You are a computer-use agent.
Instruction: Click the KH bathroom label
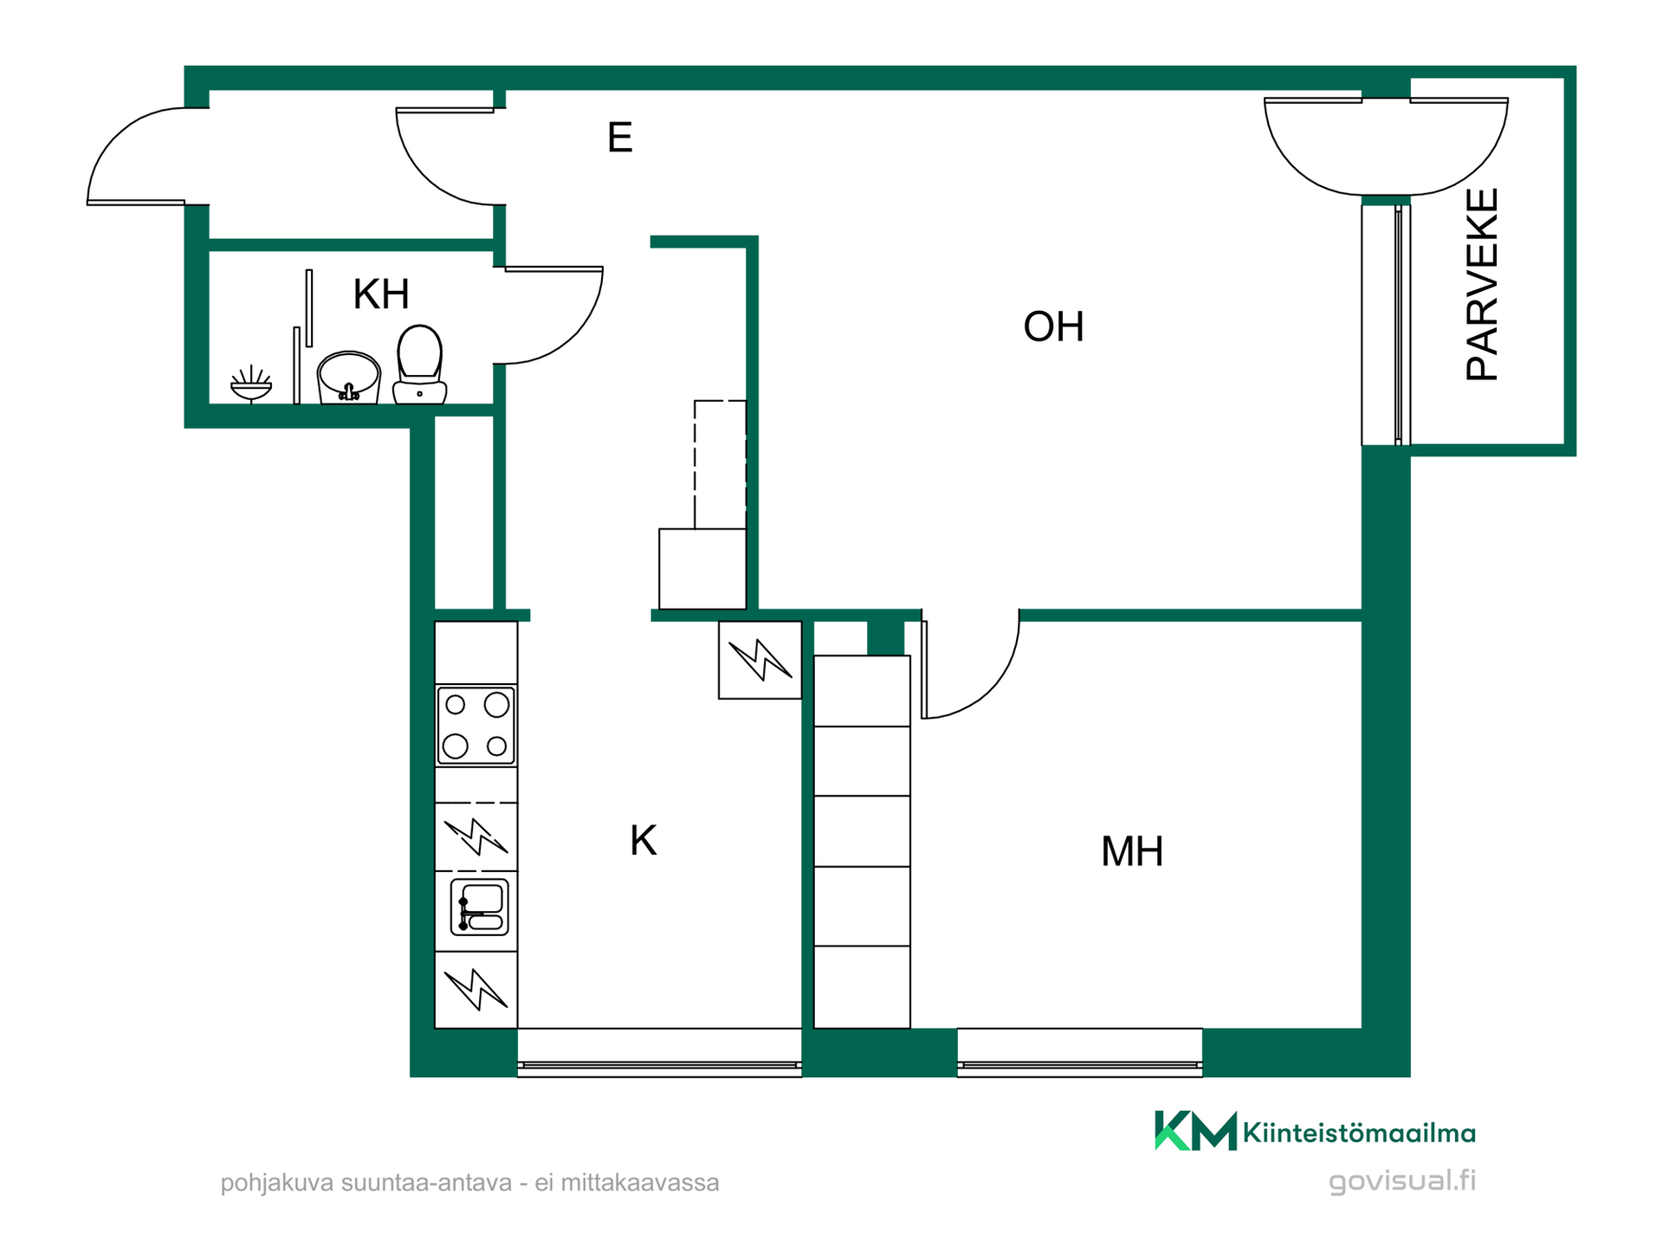381,294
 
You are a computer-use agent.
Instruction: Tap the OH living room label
1053,326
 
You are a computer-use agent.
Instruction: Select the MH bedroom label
1132,851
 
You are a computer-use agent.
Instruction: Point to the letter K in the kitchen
644,841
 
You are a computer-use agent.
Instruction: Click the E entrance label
619,137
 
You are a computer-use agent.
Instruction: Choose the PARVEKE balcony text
1482,285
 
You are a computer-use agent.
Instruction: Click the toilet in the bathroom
420,365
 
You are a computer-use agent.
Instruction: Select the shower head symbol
251,384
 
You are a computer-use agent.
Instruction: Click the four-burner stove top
476,726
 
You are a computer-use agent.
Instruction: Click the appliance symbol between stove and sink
476,837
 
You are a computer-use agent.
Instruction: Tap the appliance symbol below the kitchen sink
476,990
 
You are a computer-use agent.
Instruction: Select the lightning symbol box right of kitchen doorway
760,660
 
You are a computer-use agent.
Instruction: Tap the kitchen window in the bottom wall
659,1053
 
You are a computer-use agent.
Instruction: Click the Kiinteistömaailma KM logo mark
1195,1130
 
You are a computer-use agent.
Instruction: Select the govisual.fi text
1402,1181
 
